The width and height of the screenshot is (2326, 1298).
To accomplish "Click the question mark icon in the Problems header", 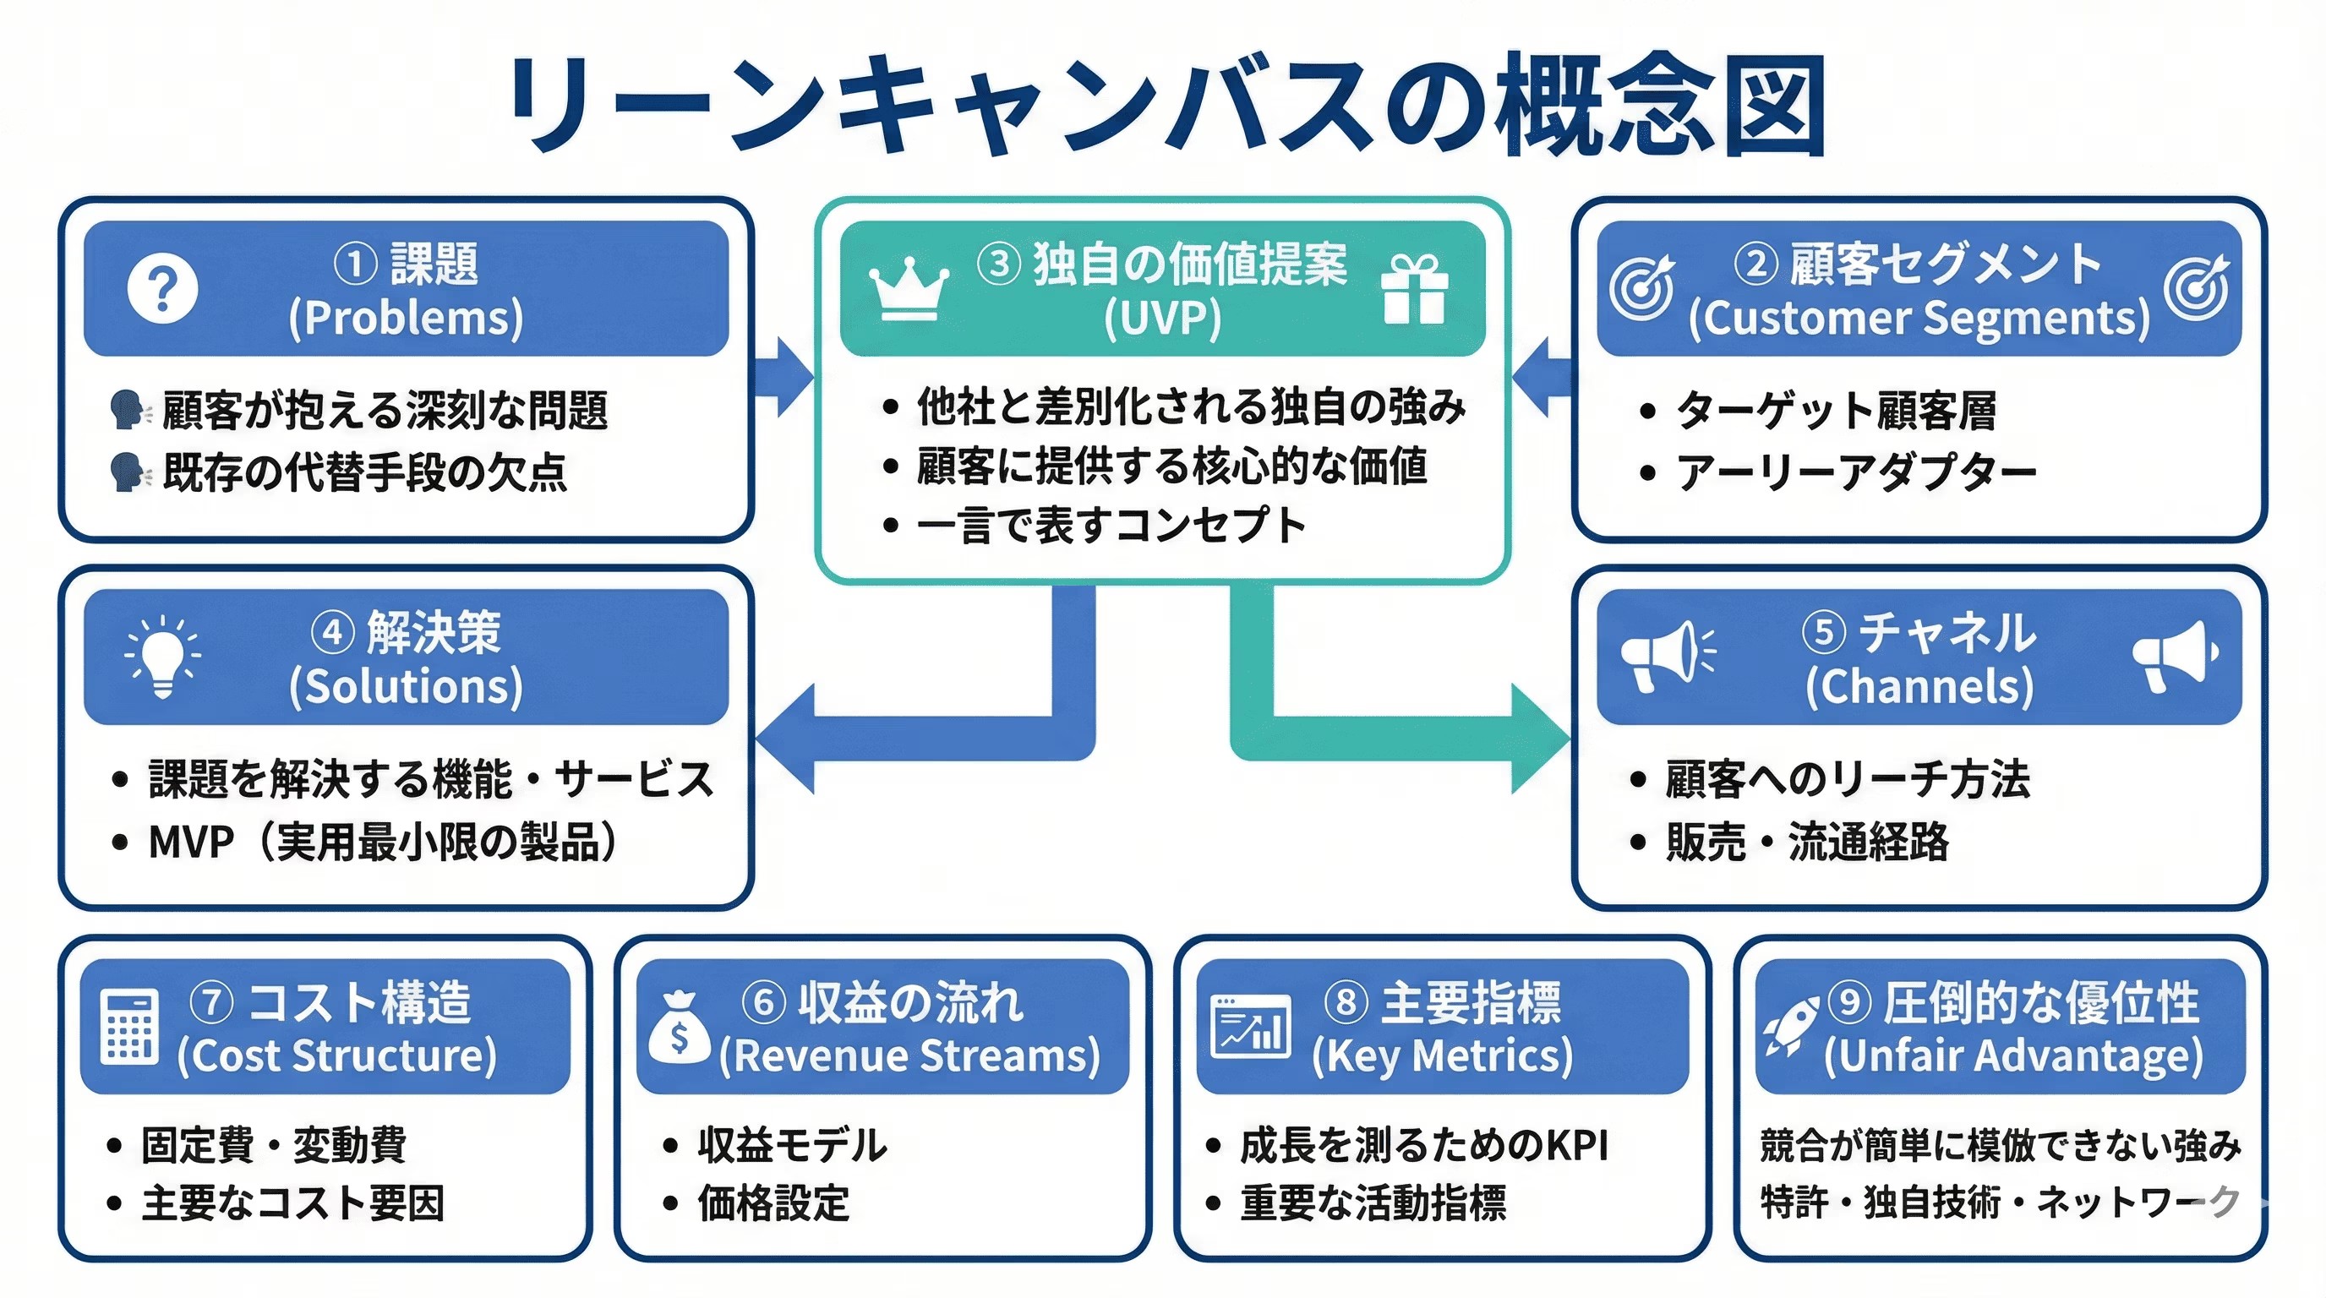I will (162, 289).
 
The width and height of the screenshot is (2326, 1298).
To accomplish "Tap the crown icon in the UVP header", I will (909, 288).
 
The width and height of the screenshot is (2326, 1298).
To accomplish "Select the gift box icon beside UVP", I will (1414, 288).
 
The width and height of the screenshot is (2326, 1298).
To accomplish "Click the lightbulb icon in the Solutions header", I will (162, 657).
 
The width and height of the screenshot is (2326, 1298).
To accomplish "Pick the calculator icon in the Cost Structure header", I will (128, 1026).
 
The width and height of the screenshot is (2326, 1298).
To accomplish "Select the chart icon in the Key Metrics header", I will (1251, 1026).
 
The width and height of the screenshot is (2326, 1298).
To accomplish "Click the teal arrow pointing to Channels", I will (1535, 739).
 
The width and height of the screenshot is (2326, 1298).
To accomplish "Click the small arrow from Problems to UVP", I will (784, 377).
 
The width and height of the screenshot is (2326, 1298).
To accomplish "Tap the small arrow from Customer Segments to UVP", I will (1542, 377).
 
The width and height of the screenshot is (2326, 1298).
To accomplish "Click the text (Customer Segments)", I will (1919, 319).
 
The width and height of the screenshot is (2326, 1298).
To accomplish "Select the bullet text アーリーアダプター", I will (1856, 472).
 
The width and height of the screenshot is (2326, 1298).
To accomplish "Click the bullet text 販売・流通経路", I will (1807, 843).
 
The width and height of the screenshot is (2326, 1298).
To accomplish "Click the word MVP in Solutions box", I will (190, 843).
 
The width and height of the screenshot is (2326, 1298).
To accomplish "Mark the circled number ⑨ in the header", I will (1849, 1001).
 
